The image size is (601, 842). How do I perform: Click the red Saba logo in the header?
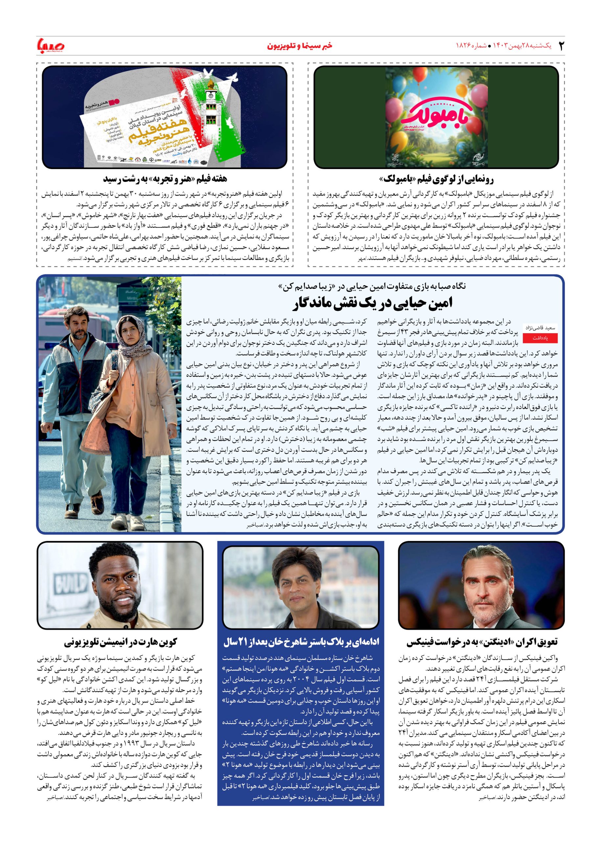51,46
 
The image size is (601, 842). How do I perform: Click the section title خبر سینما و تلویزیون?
299,46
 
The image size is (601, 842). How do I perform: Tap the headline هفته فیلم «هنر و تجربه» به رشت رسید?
165,179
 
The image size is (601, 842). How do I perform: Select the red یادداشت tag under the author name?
540,338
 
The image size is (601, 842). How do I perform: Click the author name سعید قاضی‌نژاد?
541,328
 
